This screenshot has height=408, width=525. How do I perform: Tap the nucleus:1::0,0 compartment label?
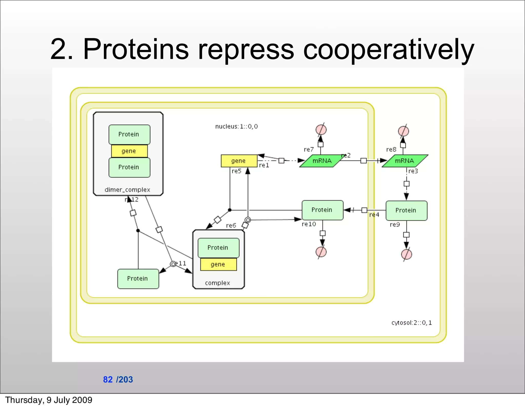(236, 127)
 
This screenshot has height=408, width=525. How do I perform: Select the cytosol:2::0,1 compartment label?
(411, 323)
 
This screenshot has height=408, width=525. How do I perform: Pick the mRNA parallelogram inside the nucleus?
(322, 161)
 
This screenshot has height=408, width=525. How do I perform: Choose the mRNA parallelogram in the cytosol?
(405, 161)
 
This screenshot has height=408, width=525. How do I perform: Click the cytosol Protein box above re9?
(406, 211)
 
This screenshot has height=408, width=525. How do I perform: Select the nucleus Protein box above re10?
(322, 210)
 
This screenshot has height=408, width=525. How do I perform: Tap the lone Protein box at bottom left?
(138, 279)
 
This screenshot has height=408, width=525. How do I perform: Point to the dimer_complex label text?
(127, 190)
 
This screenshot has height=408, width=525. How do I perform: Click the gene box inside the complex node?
(218, 264)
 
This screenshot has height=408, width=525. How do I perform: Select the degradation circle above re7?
(321, 129)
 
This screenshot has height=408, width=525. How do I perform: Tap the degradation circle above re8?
(403, 131)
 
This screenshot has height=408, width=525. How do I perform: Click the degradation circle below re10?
(321, 252)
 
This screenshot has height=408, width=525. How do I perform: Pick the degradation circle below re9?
(406, 254)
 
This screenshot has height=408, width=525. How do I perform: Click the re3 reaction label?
(413, 171)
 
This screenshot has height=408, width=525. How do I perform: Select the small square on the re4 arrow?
(364, 210)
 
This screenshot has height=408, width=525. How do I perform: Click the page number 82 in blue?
(108, 380)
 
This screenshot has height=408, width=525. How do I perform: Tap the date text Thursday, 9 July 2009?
(49, 400)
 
